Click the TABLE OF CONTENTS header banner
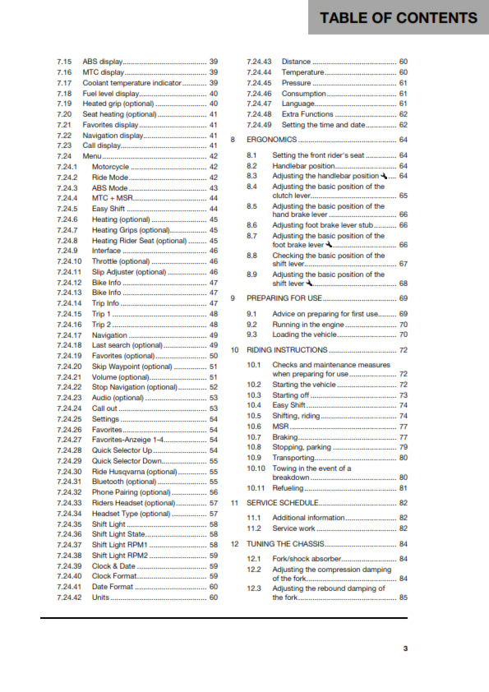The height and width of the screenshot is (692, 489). pos(399,17)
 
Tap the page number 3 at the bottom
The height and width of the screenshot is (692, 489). pos(405,648)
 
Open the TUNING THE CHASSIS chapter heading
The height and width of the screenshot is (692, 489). pos(284,544)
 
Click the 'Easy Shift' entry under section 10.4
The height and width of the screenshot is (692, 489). pos(291,405)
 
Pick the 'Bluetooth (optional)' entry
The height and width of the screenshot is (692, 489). pos(124,482)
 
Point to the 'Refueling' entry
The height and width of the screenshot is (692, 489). pos(289,488)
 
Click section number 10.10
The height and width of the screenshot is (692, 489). pos(256,468)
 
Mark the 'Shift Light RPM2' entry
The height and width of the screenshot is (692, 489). pos(120,556)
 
